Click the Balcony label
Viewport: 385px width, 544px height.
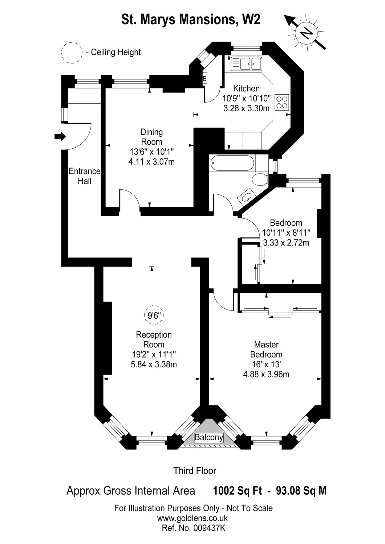(209, 438)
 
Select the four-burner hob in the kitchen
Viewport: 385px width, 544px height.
(282, 102)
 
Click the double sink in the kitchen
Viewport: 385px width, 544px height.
(247, 64)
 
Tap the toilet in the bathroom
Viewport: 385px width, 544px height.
(259, 179)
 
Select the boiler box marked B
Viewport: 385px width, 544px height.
(204, 78)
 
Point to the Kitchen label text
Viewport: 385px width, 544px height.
(246, 88)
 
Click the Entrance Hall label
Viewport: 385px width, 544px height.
(85, 176)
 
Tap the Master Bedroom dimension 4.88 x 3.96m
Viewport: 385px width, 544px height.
(266, 374)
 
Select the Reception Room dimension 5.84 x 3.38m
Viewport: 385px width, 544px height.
(154, 364)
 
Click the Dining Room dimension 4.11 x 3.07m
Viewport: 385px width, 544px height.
(151, 162)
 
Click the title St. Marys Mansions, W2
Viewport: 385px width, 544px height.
(191, 20)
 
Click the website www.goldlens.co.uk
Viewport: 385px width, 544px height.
(192, 518)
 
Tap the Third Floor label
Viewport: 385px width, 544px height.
(195, 471)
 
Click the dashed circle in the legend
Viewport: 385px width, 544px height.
(72, 53)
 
